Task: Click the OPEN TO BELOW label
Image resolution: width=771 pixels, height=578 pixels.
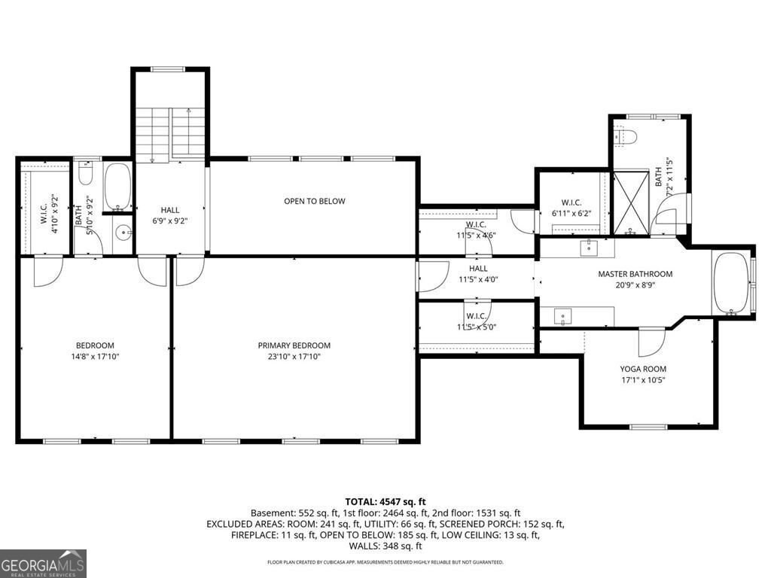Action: pyautogui.click(x=314, y=201)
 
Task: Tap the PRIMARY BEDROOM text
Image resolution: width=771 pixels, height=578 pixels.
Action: pyautogui.click(x=294, y=346)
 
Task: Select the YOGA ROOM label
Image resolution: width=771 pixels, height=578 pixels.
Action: pyautogui.click(x=642, y=369)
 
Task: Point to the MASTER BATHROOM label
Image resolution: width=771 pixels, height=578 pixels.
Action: pyautogui.click(x=635, y=274)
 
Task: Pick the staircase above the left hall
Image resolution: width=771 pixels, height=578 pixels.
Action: pyautogui.click(x=170, y=134)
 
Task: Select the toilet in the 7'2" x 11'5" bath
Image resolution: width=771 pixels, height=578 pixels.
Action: pyautogui.click(x=626, y=136)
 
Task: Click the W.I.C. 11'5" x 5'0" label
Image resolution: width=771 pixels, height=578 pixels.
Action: pyautogui.click(x=476, y=321)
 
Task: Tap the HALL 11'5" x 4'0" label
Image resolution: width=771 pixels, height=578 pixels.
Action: pyautogui.click(x=477, y=273)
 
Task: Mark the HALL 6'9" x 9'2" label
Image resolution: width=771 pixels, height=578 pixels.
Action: pyautogui.click(x=169, y=215)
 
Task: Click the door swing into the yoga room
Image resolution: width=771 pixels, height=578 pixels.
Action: pyautogui.click(x=650, y=342)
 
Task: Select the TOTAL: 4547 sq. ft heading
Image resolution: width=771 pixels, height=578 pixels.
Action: pyautogui.click(x=385, y=500)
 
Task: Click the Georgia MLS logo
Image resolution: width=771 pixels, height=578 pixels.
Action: pyautogui.click(x=43, y=563)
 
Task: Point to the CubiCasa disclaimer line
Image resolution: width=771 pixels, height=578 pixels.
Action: pyautogui.click(x=385, y=562)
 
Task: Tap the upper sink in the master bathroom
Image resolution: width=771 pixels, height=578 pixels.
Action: pyautogui.click(x=587, y=246)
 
